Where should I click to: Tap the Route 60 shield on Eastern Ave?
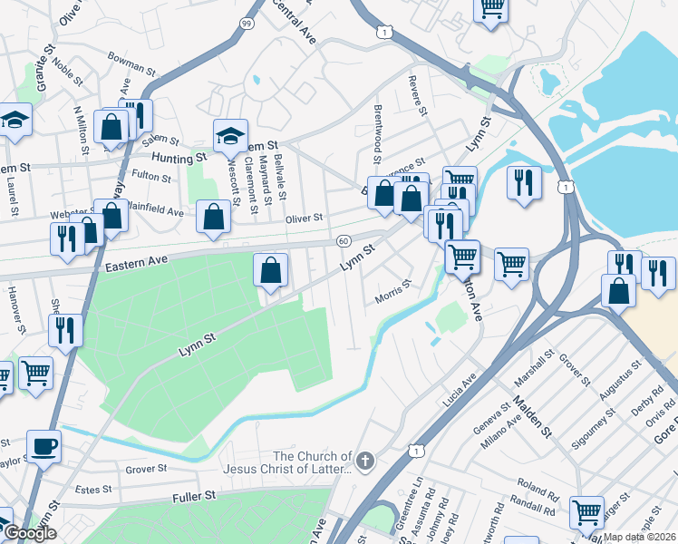click(x=343, y=241)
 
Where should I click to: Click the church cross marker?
click(x=365, y=461)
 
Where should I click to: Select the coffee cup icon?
click(x=44, y=447)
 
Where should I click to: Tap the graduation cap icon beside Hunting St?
click(x=230, y=136)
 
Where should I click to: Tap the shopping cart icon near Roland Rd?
click(x=586, y=512)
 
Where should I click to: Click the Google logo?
click(x=29, y=534)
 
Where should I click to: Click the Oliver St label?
click(x=304, y=219)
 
